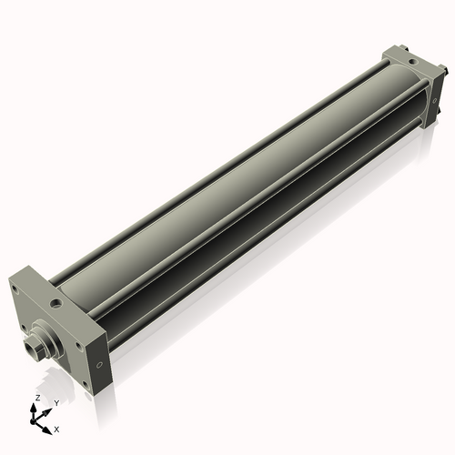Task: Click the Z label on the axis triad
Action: tap(36, 399)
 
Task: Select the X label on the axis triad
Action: tap(57, 427)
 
